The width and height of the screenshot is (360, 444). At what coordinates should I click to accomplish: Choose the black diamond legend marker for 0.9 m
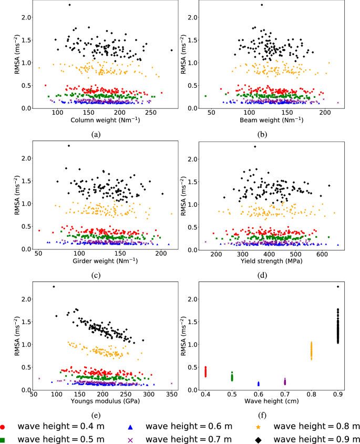pyautogui.click(x=261, y=439)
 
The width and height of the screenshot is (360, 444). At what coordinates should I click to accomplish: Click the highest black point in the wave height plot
pyautogui.click(x=338, y=287)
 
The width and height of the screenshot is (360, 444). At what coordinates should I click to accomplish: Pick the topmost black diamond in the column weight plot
pyautogui.click(x=69, y=5)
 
